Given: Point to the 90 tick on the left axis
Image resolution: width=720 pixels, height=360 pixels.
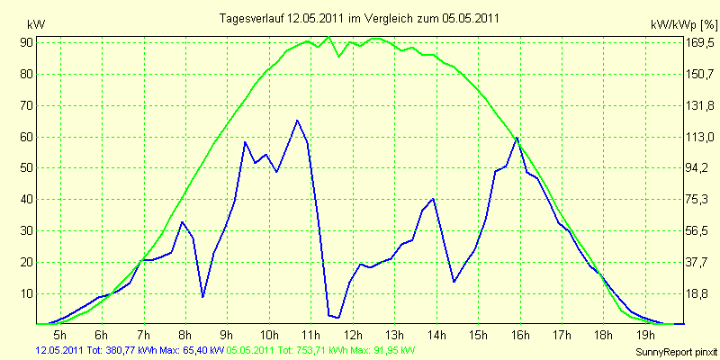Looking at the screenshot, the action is click(x=25, y=43).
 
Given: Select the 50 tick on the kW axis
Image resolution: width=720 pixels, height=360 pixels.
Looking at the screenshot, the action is click(x=25, y=168).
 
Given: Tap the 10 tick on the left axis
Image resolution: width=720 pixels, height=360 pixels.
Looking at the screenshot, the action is click(x=25, y=294).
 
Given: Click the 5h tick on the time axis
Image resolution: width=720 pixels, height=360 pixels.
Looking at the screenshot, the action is click(x=60, y=333).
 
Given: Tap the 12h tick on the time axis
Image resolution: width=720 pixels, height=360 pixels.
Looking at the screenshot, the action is click(x=353, y=333).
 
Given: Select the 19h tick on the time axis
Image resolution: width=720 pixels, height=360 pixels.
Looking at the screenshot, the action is click(x=645, y=333).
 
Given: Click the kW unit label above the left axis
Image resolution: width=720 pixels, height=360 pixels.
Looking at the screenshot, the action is click(x=36, y=24).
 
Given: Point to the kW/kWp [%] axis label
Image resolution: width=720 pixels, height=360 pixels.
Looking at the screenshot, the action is click(x=683, y=25).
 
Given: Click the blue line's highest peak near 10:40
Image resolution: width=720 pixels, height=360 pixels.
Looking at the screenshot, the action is click(x=297, y=121).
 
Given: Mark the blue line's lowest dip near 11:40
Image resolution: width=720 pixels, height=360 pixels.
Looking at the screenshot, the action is click(x=338, y=318).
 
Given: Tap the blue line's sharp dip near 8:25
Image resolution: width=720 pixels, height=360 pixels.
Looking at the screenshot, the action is click(x=202, y=297).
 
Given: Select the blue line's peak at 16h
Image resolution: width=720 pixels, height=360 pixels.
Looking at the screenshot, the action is click(x=517, y=138).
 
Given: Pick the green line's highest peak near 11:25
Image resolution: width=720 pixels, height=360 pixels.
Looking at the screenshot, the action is click(x=328, y=37).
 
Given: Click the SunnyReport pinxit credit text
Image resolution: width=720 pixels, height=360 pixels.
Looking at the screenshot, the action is click(x=676, y=352).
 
